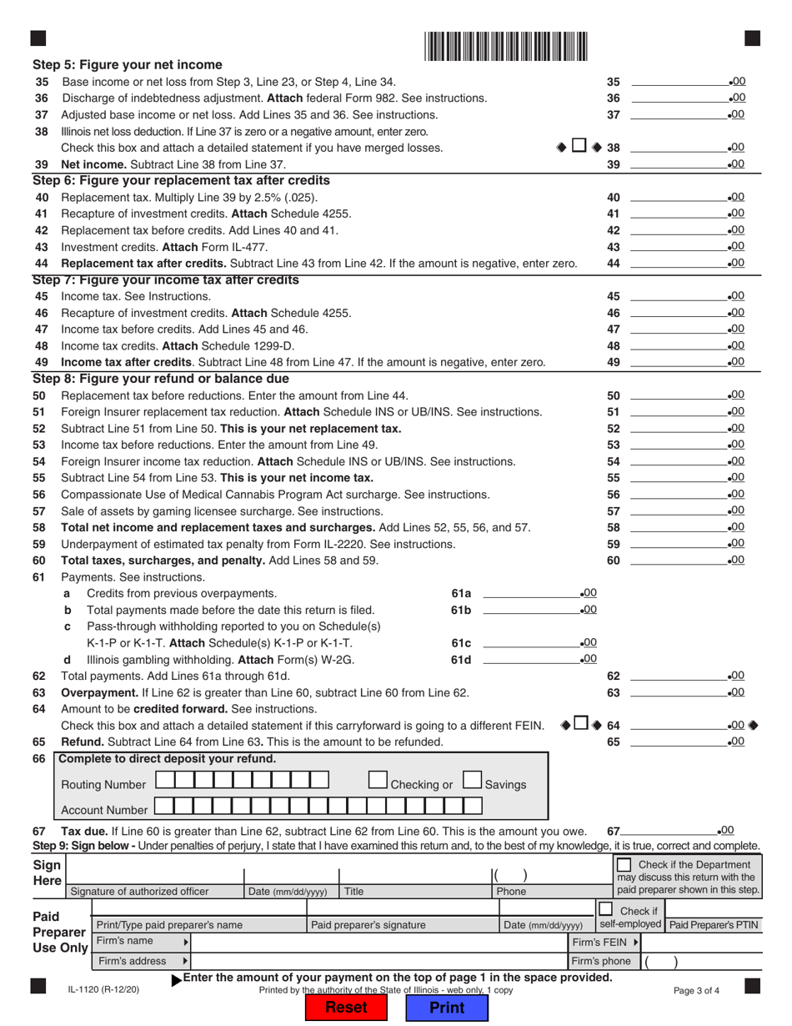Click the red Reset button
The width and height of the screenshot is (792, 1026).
[345, 1007]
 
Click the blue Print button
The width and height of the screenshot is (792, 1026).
[446, 1007]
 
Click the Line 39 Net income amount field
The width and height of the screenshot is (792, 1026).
[679, 163]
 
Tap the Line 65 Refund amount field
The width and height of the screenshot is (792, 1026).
[679, 742]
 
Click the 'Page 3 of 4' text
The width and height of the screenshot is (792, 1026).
[699, 990]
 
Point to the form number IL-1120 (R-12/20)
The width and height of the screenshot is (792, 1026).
[103, 990]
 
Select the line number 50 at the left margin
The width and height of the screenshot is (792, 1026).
[40, 395]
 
